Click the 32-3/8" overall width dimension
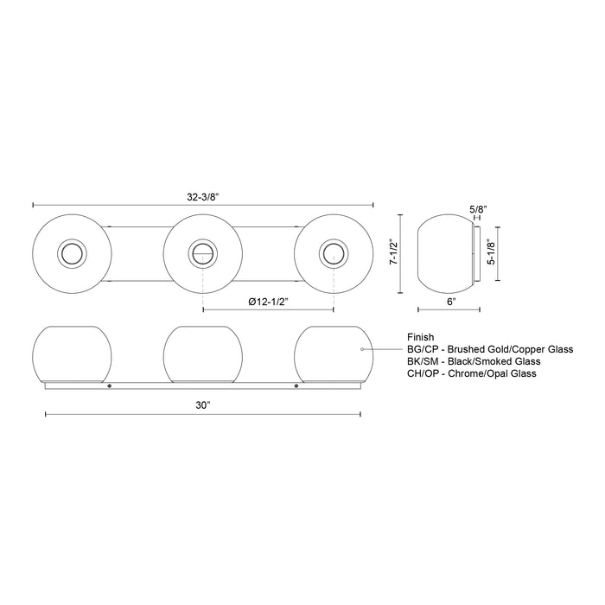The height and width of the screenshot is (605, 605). (201, 196)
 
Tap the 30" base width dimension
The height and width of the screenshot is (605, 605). (201, 405)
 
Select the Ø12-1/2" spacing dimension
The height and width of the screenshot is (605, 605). (267, 301)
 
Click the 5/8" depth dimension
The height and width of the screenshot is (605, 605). (476, 208)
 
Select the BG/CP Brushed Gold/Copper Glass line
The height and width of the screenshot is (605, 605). (489, 349)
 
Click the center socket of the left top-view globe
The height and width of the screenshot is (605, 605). (71, 253)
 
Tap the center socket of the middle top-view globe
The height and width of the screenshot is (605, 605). (202, 253)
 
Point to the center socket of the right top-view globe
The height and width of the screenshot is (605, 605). (332, 253)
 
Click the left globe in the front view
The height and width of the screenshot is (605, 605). (72, 353)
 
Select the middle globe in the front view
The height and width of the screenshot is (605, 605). (202, 353)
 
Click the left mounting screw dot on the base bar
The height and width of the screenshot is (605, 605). (109, 385)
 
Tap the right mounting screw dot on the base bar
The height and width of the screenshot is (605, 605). (296, 385)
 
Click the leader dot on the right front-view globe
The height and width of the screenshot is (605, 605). (360, 349)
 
